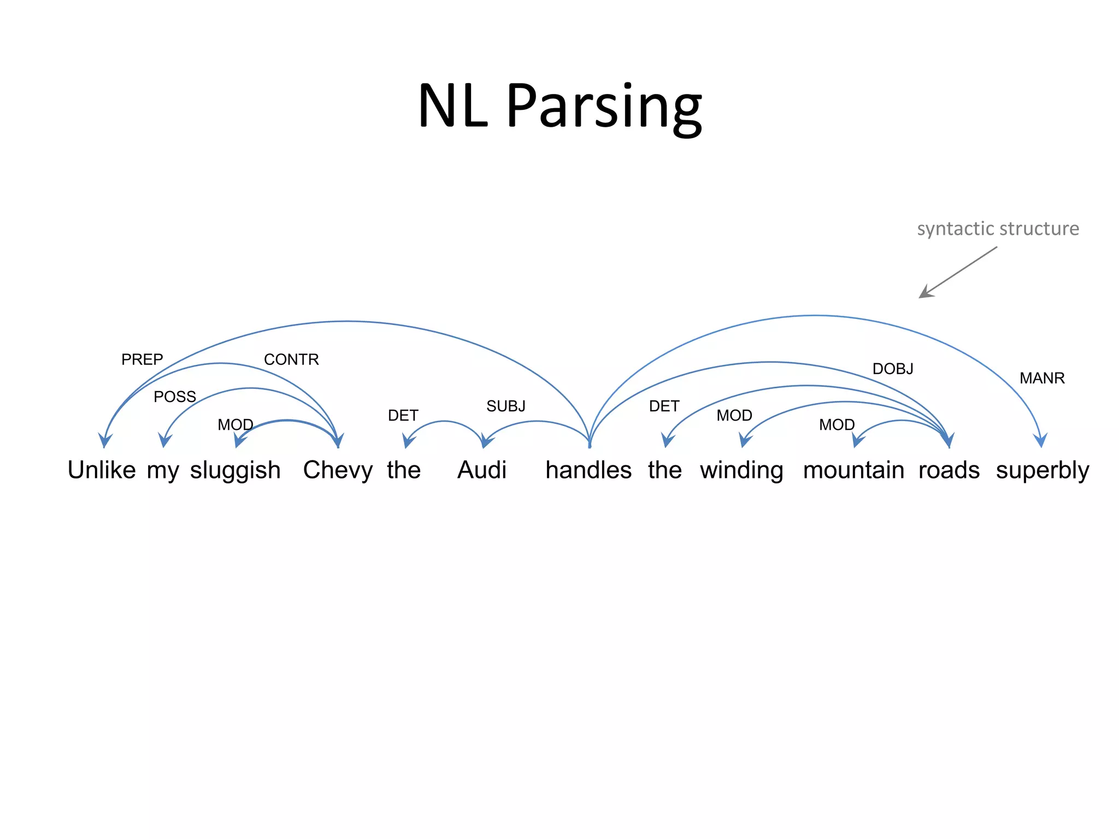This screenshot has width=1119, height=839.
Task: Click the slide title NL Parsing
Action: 559,106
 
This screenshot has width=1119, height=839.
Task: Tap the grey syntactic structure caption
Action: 998,228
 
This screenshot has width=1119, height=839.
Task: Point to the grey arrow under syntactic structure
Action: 957,272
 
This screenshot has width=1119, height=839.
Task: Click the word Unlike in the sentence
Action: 102,470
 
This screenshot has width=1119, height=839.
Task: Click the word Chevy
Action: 338,470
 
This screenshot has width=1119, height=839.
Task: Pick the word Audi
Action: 481,470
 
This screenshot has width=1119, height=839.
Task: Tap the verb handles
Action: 588,470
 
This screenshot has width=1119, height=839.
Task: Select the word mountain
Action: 853,470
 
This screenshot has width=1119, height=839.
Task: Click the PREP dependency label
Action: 142,359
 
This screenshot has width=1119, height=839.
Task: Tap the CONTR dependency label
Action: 291,359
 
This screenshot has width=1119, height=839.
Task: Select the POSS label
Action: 174,397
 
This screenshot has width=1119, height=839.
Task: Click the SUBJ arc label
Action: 505,406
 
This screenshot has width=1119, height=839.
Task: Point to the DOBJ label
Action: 893,369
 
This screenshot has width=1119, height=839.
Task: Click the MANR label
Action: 1042,378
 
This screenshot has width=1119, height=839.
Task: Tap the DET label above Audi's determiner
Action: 403,416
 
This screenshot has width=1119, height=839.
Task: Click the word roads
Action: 949,470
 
